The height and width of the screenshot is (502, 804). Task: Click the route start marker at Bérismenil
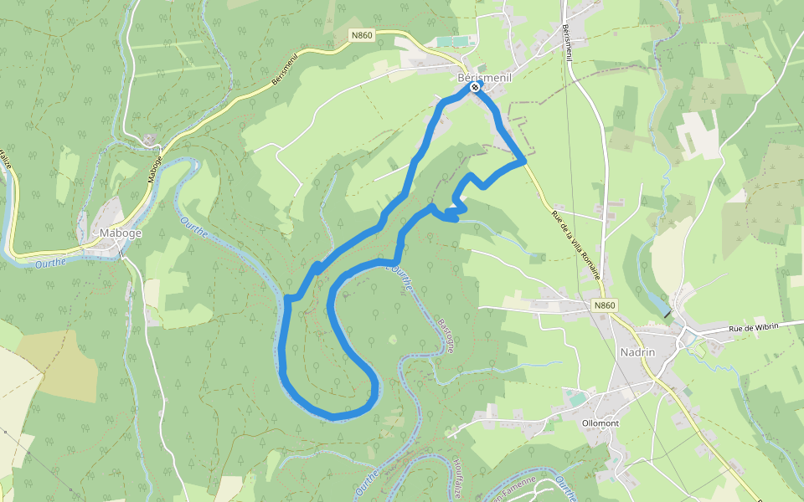pos(475,87)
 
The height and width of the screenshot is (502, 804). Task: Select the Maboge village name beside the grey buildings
pos(121,233)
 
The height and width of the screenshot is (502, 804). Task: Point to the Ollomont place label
pos(600,423)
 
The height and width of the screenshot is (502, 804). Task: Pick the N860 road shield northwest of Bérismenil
pos(362,35)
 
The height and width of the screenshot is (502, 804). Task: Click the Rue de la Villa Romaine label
pos(576,243)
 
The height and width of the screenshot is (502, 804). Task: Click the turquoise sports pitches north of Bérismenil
pos(453,41)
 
